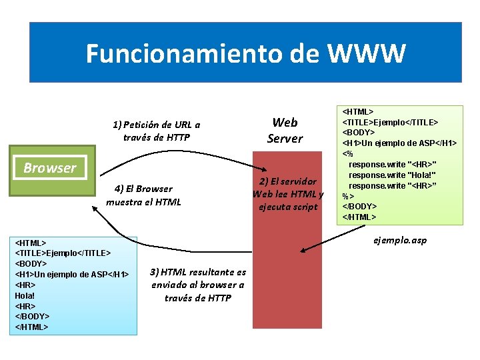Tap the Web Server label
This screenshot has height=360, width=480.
click(285, 130)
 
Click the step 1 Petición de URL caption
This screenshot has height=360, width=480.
click(156, 131)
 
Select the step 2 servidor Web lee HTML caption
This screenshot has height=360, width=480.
click(288, 194)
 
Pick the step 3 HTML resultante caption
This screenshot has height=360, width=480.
click(198, 285)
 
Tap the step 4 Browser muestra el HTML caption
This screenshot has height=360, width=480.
click(143, 195)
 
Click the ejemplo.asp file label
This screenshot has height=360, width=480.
click(401, 240)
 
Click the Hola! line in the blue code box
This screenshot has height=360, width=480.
click(25, 295)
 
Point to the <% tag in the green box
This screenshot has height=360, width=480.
click(347, 153)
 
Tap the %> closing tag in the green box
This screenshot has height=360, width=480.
click(347, 196)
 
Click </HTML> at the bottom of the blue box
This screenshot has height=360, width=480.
click(31, 327)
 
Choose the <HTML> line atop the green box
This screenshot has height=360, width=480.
click(358, 111)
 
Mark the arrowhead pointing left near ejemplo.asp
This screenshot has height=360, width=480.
click(304, 251)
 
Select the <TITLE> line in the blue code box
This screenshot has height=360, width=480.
click(63, 253)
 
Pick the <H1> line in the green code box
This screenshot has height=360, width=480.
click(399, 143)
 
